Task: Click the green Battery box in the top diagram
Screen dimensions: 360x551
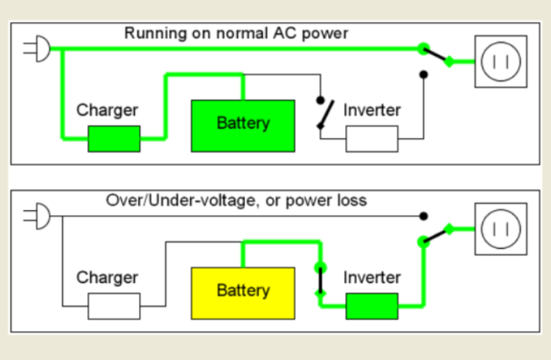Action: (x=243, y=125)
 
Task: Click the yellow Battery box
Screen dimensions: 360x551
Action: (x=243, y=292)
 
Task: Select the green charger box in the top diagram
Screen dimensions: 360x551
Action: (x=114, y=138)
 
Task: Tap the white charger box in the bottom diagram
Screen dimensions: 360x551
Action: (x=114, y=306)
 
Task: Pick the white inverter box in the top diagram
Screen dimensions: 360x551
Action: (x=372, y=138)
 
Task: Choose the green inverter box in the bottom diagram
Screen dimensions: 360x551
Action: (x=372, y=306)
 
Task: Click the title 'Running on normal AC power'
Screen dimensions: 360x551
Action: (x=235, y=34)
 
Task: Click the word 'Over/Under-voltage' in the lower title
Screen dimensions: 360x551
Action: (x=168, y=200)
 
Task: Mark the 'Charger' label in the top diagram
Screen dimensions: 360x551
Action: (x=107, y=110)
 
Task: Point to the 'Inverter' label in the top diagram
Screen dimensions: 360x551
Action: (x=372, y=110)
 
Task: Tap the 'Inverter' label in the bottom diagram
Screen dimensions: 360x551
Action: (x=372, y=278)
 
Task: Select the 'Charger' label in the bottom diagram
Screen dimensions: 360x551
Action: (x=107, y=278)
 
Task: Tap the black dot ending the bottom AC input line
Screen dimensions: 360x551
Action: (x=424, y=215)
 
